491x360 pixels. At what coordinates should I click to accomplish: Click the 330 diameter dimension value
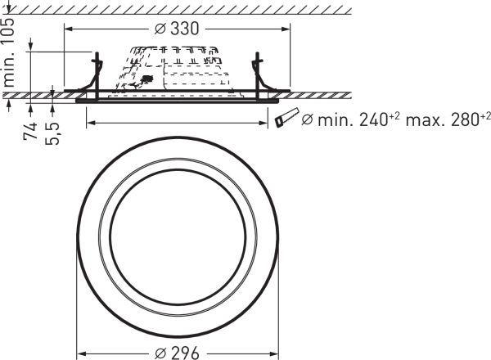(x=184, y=29)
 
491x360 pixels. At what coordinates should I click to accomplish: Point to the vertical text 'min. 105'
(x=11, y=54)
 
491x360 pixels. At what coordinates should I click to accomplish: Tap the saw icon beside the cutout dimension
(x=288, y=119)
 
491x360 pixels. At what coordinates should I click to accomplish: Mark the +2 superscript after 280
(x=483, y=115)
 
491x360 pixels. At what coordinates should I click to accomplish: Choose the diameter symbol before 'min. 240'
(x=308, y=121)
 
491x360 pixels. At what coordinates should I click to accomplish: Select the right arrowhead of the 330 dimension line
(x=287, y=29)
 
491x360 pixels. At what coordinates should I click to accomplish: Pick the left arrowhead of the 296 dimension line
(x=80, y=353)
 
